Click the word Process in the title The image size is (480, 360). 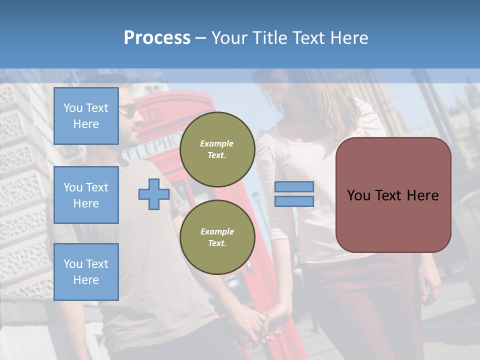point(157,38)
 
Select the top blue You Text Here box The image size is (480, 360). point(86,116)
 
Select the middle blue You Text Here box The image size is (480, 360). point(86,195)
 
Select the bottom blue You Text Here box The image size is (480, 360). point(86,271)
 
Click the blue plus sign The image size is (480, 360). point(154,194)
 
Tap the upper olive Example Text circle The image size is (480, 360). point(217,149)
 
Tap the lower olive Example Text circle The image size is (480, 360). point(217,237)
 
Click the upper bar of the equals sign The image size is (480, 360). point(294,187)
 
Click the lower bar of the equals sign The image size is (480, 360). point(294,201)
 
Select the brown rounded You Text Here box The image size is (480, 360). point(393,195)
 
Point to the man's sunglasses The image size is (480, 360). point(128,111)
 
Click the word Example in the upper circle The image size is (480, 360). point(216,143)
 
